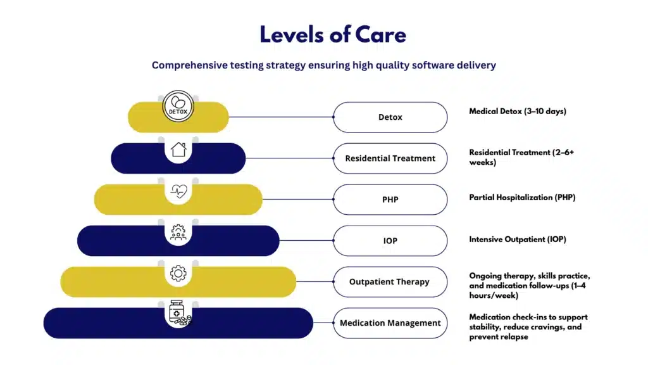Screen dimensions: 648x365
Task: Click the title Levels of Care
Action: pyautogui.click(x=333, y=34)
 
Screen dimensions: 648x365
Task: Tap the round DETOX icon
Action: pyautogui.click(x=178, y=106)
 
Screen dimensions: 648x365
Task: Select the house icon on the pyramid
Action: pyautogui.click(x=178, y=150)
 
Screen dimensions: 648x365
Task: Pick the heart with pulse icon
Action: pyautogui.click(x=178, y=191)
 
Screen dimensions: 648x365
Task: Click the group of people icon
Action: pyautogui.click(x=178, y=232)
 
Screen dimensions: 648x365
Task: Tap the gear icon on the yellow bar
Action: pyautogui.click(x=178, y=273)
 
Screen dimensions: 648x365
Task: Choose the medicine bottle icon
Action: pyautogui.click(x=180, y=313)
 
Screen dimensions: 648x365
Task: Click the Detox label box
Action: pyautogui.click(x=390, y=117)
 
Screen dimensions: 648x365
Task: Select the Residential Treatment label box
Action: pyautogui.click(x=390, y=158)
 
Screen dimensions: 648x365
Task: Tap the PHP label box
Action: pyautogui.click(x=390, y=200)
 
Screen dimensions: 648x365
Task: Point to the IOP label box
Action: pyautogui.click(x=390, y=240)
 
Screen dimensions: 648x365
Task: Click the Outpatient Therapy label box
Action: pyautogui.click(x=390, y=282)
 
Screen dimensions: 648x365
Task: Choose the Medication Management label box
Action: pyautogui.click(x=390, y=323)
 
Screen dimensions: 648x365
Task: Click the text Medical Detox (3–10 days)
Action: pyautogui.click(x=518, y=112)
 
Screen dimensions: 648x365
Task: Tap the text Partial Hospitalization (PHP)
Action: pyautogui.click(x=522, y=198)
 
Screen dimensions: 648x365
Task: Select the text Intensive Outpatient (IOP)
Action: pyautogui.click(x=518, y=239)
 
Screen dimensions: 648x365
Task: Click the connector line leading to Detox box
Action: pyautogui.click(x=281, y=117)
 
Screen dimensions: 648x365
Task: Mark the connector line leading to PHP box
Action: pyautogui.click(x=298, y=199)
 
